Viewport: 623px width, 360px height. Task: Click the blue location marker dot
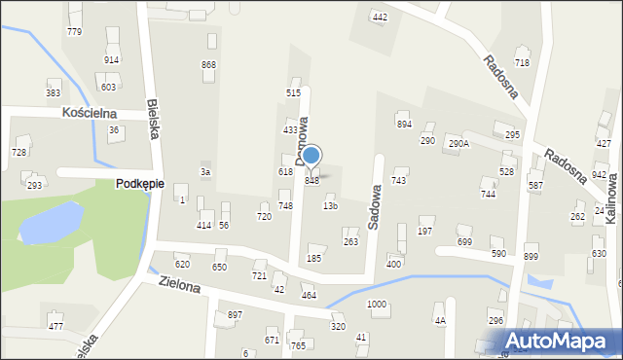tap(311, 155)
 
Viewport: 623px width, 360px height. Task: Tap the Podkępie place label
tap(140, 184)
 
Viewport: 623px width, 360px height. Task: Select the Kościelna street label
tap(89, 113)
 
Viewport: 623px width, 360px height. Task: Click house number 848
tap(312, 180)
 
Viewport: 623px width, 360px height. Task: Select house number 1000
tap(376, 305)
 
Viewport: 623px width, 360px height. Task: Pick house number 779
tap(74, 32)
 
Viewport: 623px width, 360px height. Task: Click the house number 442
tap(380, 18)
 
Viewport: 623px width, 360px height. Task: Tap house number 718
tap(522, 62)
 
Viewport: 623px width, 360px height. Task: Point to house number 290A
tap(458, 143)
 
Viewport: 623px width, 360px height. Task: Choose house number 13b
tap(330, 205)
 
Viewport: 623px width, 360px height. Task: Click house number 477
tap(55, 326)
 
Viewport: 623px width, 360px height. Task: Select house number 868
tap(208, 64)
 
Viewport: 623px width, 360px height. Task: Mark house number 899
tap(531, 256)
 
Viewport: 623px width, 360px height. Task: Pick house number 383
tap(53, 92)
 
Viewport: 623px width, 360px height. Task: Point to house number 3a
tap(204, 171)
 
